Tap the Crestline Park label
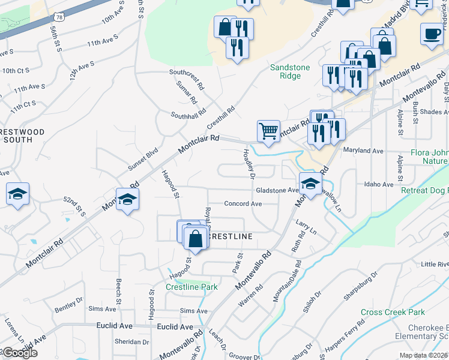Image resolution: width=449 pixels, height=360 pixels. pyautogui.click(x=191, y=287)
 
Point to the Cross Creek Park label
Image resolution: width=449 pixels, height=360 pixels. pyautogui.click(x=393, y=312)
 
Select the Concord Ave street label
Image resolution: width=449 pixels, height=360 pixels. pyautogui.click(x=243, y=204)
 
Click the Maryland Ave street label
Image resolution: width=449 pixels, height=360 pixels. pyautogui.click(x=363, y=151)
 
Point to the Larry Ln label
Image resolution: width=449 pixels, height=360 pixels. pyautogui.click(x=306, y=226)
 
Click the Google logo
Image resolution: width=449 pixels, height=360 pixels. pyautogui.click(x=19, y=353)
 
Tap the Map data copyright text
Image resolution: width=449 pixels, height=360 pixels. pyautogui.click(x=423, y=355)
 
